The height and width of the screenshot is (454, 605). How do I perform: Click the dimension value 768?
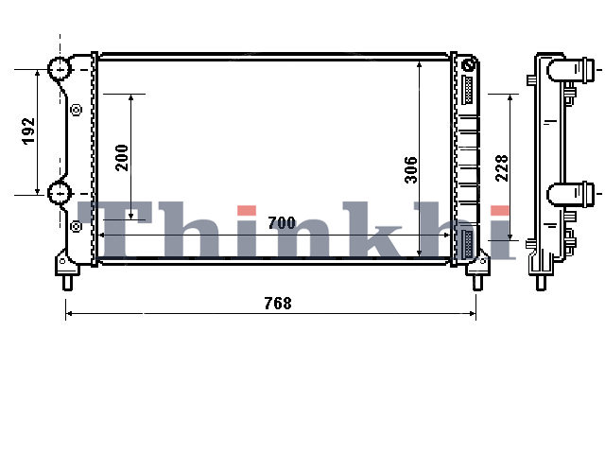[278, 303]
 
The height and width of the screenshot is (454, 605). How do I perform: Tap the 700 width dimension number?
[282, 223]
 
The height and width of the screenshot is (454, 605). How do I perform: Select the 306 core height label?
[411, 170]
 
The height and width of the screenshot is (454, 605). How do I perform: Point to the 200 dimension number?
[122, 158]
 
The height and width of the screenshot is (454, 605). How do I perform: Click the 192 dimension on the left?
[28, 131]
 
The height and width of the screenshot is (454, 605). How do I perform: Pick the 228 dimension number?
[502, 168]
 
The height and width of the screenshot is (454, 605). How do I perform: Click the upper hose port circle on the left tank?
[60, 68]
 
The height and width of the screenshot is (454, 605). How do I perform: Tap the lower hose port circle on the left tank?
[60, 193]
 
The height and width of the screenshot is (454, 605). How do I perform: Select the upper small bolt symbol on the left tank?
[77, 110]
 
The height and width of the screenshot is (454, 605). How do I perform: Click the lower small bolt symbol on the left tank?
[76, 226]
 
